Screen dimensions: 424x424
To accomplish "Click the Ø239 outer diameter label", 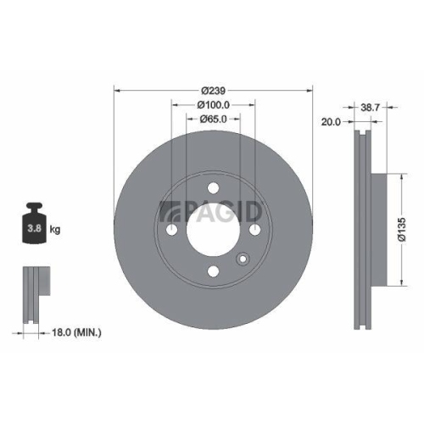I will tap(212, 91).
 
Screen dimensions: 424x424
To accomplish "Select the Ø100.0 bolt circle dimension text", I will tap(214, 105).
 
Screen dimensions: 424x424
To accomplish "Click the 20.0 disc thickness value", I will tap(332, 122).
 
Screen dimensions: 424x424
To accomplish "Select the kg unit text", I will tap(55, 230).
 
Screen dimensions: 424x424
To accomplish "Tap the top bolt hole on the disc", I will tap(213, 188).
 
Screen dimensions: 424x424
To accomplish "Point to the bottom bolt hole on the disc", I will tap(213, 271).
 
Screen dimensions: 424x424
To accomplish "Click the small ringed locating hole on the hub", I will tap(243, 259).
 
